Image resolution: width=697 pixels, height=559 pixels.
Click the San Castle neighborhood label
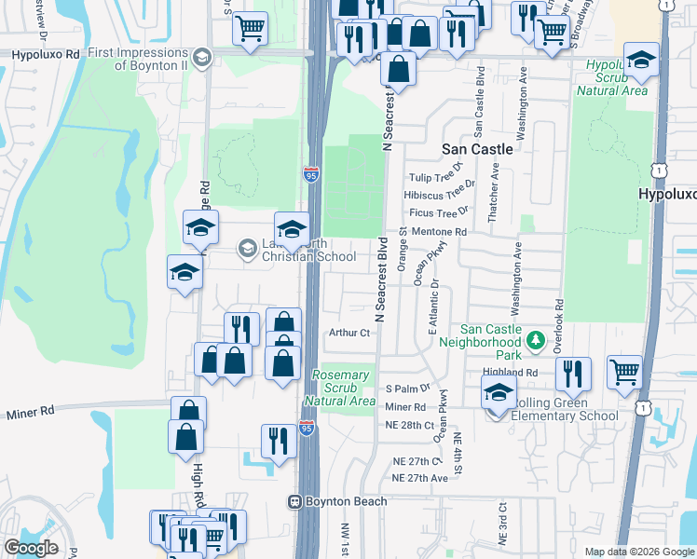pyautogui.click(x=477, y=149)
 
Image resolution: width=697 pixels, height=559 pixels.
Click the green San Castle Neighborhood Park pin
pyautogui.click(x=536, y=341)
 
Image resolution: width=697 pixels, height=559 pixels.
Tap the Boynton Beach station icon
pyautogui.click(x=294, y=501)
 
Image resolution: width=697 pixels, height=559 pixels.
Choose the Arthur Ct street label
pyautogui.click(x=350, y=332)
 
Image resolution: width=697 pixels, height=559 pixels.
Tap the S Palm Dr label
pyautogui.click(x=407, y=388)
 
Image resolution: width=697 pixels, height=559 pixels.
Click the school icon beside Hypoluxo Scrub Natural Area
pyautogui.click(x=639, y=62)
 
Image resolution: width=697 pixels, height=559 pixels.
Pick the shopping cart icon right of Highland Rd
pyautogui.click(x=623, y=372)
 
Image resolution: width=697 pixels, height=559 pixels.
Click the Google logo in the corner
pyautogui.click(x=31, y=548)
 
